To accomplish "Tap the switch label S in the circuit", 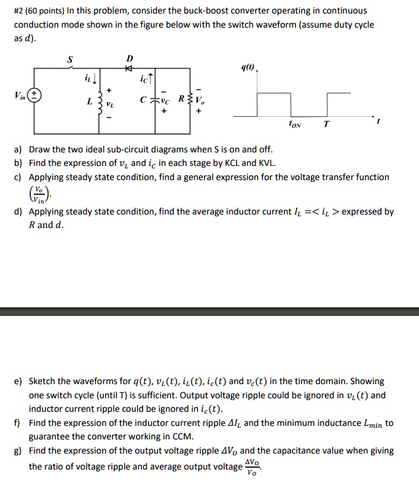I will [x=69, y=60].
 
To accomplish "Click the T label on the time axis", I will [x=326, y=124].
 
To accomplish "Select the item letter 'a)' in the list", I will [x=18, y=149].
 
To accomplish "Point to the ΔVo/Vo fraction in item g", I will [x=252, y=466].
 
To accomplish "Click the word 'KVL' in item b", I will [x=266, y=163].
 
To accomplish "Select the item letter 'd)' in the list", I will [x=18, y=211].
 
